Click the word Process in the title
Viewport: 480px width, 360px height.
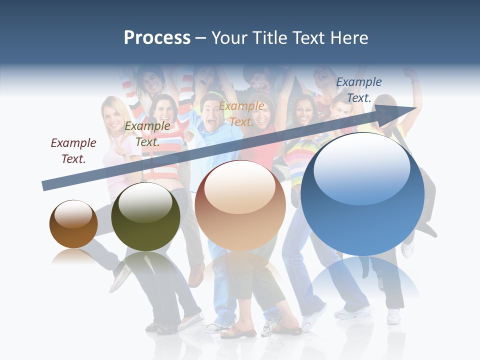(157, 38)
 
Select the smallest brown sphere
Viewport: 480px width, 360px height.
(73, 224)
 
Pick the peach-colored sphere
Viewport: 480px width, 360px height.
(240, 206)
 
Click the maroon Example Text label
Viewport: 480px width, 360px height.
(73, 151)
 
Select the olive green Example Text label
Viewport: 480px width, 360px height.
(147, 134)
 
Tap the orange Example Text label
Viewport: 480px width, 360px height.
(241, 113)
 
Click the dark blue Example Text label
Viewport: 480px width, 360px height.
(358, 90)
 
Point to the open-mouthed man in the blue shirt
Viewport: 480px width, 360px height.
(209, 112)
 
